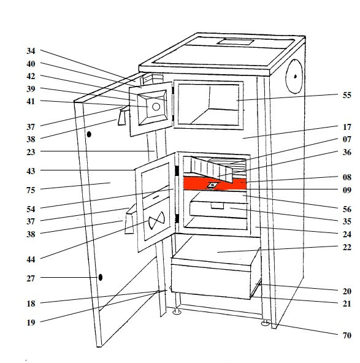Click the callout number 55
coord(347,95)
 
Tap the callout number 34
coord(31,51)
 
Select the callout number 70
coord(347,335)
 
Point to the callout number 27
coord(31,278)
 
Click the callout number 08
coord(347,177)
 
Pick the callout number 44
coord(31,259)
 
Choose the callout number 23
coord(31,152)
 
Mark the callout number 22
coord(347,247)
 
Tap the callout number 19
coord(31,323)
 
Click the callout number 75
coord(31,190)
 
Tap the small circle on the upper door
coord(156,107)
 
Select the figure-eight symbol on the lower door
coord(156,220)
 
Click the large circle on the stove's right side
coord(294,77)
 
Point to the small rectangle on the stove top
coord(236,42)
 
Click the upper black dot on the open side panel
coord(89,134)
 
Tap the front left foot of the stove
coord(177,311)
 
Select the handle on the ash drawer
coord(217,206)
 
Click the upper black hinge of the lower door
coord(177,170)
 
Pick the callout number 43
coord(31,171)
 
